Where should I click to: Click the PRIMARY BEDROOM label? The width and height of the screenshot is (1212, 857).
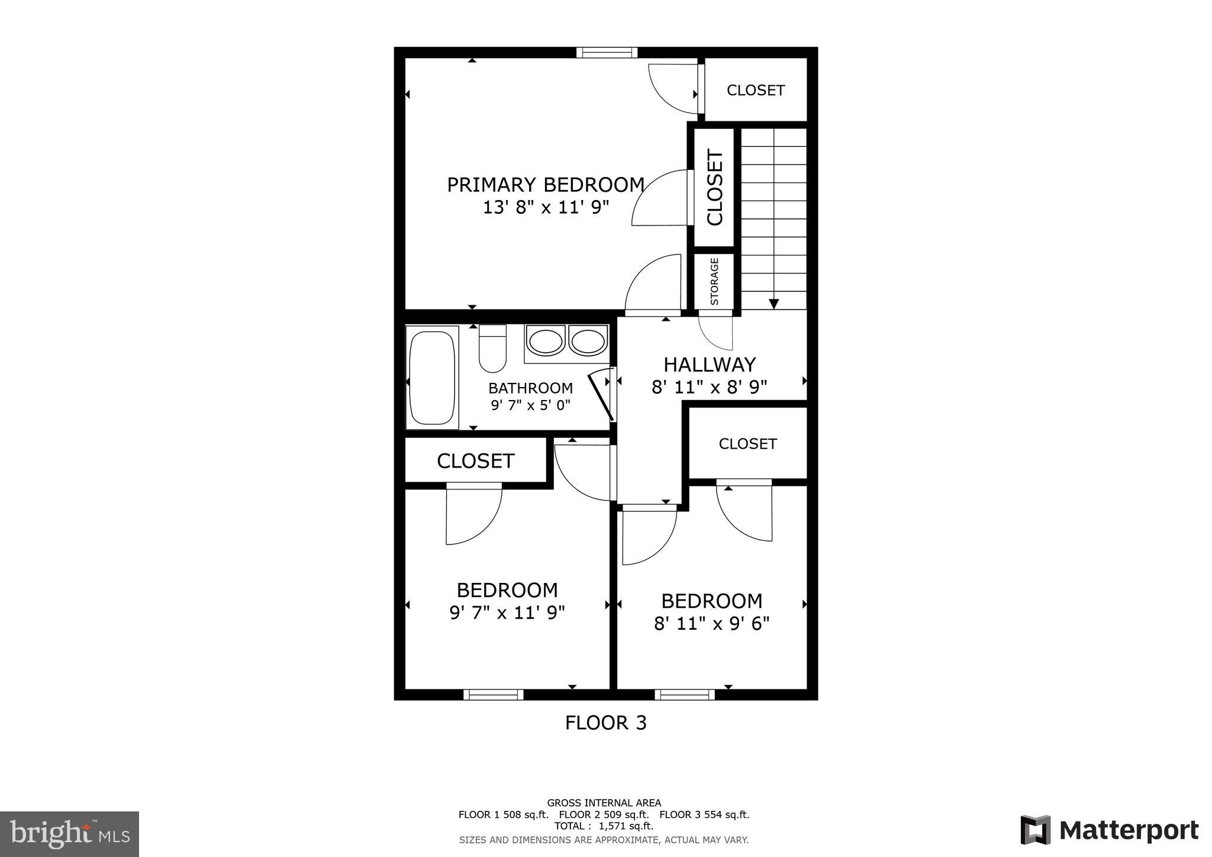(x=545, y=185)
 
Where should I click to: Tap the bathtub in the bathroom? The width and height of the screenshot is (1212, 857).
(x=433, y=378)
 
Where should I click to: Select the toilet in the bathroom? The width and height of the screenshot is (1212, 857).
(x=492, y=349)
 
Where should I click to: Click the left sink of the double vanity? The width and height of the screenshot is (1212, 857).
(x=545, y=342)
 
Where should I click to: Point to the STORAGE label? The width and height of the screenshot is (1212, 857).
(x=714, y=281)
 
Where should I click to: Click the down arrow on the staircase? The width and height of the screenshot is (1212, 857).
(x=773, y=304)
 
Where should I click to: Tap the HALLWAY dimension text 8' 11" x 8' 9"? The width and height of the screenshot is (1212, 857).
(x=709, y=387)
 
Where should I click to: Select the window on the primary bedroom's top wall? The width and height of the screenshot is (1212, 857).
(x=607, y=53)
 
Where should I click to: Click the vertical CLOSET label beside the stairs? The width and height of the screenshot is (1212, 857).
(x=714, y=188)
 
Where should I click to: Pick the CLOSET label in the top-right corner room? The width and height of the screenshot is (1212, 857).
(x=755, y=91)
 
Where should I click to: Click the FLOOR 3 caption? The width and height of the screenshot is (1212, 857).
(x=605, y=723)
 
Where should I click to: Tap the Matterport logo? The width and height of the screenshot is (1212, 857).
(x=1110, y=830)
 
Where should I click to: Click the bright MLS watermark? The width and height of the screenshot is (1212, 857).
(x=70, y=835)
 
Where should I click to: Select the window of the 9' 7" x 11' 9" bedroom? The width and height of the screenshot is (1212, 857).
(x=493, y=694)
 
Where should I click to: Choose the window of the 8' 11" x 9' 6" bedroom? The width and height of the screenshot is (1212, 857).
(x=684, y=694)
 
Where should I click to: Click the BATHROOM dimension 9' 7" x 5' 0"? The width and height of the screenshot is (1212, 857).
(x=530, y=405)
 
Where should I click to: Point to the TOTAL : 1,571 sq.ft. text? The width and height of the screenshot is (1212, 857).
(x=604, y=826)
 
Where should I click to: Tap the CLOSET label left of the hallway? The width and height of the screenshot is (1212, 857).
(x=475, y=461)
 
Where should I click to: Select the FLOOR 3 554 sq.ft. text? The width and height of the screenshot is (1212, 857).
(x=704, y=814)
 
